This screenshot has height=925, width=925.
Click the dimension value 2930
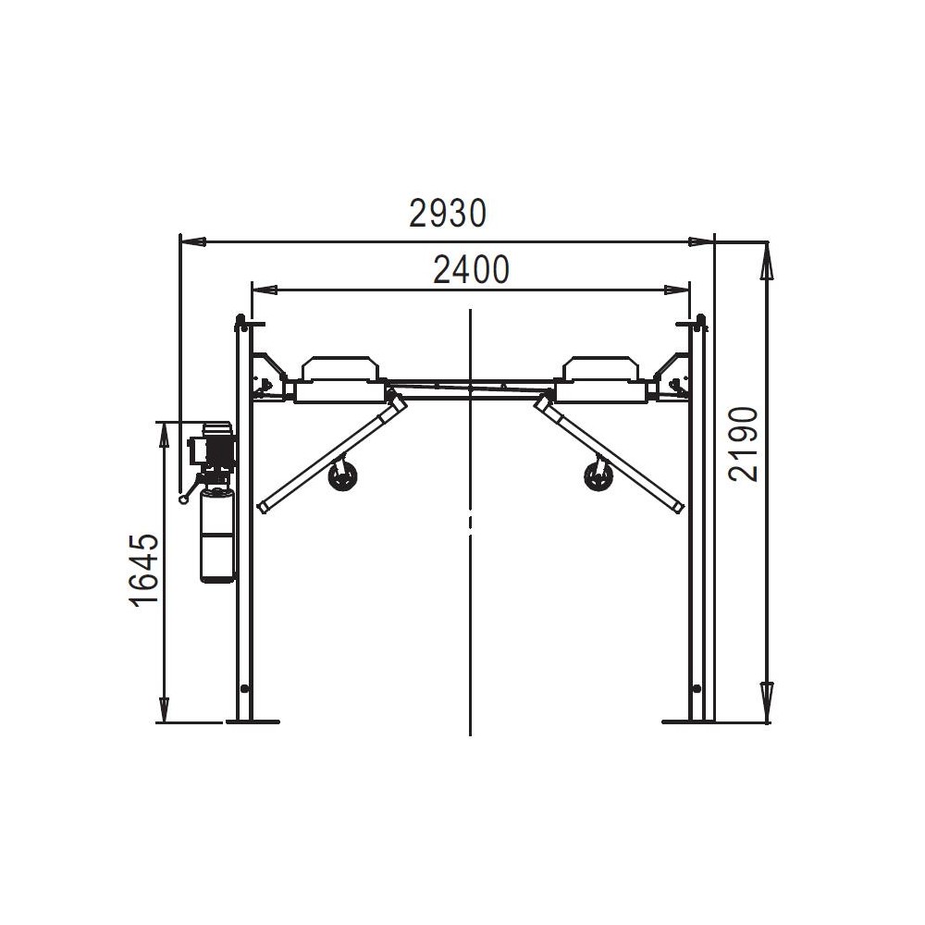tap(448, 214)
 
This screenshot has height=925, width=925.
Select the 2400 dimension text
tap(471, 269)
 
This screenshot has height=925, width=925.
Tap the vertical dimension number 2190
tap(744, 445)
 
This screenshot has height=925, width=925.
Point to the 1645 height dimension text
tap(144, 571)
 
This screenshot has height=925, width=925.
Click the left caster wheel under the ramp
tap(341, 477)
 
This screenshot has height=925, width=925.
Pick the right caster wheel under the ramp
tap(598, 476)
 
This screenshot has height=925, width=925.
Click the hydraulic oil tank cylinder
tap(217, 535)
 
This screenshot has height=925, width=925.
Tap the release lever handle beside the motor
tap(190, 491)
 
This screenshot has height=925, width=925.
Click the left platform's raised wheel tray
tap(339, 369)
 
